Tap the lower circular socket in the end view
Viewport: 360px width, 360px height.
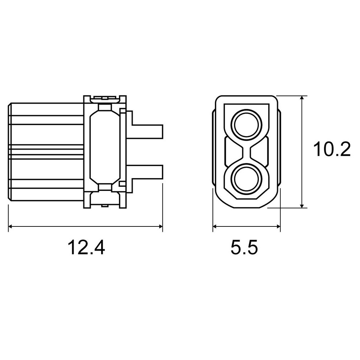tap(247, 179)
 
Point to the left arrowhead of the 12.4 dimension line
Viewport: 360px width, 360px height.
tap(10, 226)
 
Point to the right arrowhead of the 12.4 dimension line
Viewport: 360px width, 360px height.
tap(161, 226)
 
